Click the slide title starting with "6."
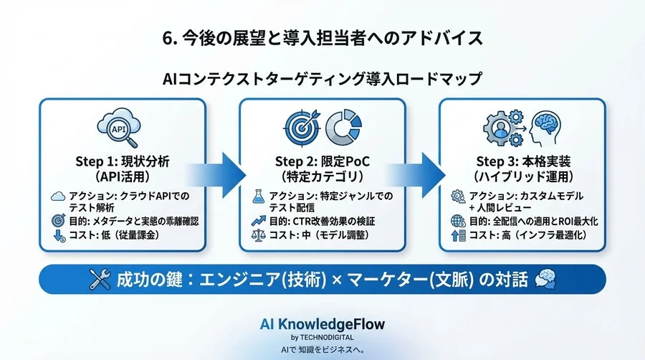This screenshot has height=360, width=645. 322,38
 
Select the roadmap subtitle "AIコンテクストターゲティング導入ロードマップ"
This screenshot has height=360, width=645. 322,77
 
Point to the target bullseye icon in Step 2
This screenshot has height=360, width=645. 302,128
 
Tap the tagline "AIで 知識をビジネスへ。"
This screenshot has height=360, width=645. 322,351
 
